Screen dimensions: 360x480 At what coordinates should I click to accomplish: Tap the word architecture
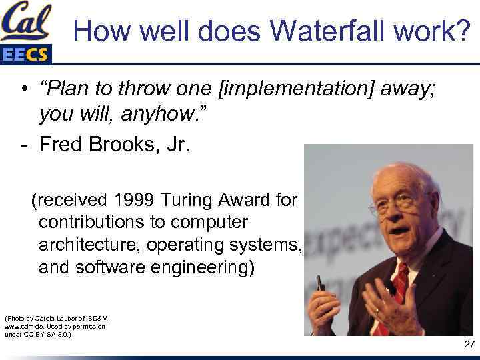coord(93,245)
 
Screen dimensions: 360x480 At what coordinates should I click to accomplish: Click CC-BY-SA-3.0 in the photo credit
coord(47,334)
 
